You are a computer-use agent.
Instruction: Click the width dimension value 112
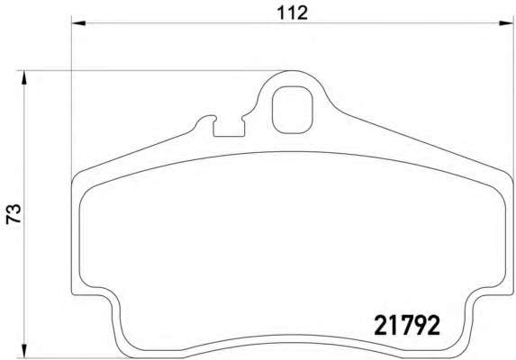[292, 13]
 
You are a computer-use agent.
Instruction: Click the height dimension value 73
[14, 214]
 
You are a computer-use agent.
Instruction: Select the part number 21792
[407, 325]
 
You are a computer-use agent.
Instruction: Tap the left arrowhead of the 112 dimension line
[78, 23]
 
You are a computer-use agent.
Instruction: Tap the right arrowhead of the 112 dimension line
[506, 23]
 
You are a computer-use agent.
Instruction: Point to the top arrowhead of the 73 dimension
[23, 77]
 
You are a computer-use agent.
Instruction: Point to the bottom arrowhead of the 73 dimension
[23, 350]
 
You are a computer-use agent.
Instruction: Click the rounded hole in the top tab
[292, 110]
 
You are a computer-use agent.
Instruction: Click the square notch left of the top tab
[229, 127]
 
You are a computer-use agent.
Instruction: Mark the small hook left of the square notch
[205, 119]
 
